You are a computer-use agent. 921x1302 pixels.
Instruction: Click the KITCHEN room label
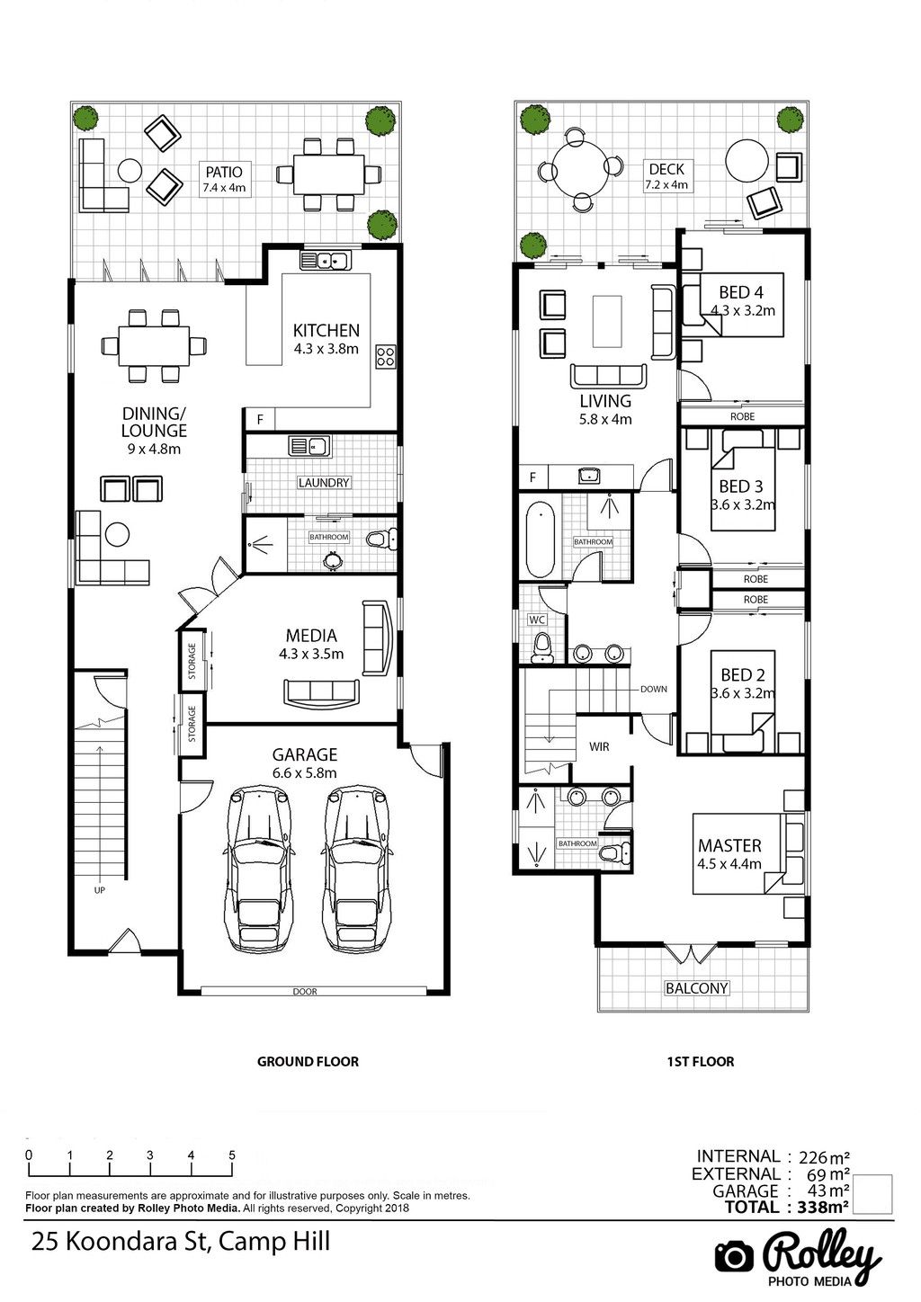326,331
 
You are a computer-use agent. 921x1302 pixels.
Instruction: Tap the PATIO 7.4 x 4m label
224,179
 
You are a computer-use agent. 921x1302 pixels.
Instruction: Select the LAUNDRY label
323,483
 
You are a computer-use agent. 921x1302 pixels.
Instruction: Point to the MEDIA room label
311,636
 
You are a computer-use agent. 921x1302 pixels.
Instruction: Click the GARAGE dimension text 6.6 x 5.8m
305,773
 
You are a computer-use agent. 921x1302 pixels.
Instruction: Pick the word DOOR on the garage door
305,992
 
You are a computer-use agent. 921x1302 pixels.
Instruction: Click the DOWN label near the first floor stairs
654,690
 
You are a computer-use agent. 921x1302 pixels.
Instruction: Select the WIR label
599,747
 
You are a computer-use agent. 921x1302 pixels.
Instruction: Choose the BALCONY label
696,988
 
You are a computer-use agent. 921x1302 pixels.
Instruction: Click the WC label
537,620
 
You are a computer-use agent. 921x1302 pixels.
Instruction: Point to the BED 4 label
741,292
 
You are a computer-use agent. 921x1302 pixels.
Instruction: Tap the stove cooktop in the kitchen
386,356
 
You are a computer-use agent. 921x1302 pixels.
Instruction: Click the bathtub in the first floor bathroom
541,540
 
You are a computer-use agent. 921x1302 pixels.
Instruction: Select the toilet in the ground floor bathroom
382,540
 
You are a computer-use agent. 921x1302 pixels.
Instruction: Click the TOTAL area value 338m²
823,1208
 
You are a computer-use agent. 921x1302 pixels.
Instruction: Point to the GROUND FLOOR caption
308,1062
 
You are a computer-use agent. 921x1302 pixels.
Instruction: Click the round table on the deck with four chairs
579,169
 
